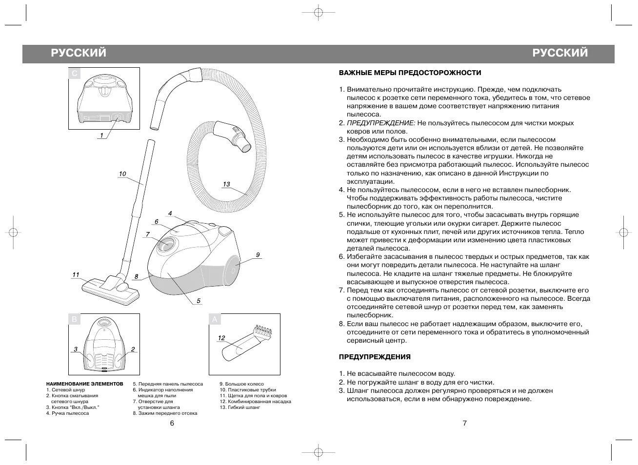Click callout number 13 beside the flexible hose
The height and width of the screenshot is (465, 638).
tap(226, 184)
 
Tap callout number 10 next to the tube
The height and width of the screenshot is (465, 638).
tap(122, 174)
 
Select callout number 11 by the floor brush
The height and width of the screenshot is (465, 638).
tap(76, 275)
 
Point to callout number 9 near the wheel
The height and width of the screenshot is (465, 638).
tap(258, 255)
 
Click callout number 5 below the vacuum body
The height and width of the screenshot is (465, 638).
tap(199, 301)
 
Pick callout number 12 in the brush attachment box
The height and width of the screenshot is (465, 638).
tap(221, 338)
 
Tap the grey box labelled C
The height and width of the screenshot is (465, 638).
tap(74, 74)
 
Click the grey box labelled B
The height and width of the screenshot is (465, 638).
tap(74, 320)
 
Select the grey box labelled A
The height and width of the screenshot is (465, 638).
tap(215, 320)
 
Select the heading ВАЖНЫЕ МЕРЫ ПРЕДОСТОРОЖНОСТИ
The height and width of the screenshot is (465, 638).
tap(410, 73)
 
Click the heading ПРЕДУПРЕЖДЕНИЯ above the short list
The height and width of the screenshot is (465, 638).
tap(375, 357)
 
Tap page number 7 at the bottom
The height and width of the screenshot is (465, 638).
tap(464, 423)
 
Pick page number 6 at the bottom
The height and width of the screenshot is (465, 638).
tap(172, 423)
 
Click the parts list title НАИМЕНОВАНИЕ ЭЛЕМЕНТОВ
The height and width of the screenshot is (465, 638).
tap(85, 384)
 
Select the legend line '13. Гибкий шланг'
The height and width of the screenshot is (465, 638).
tap(239, 407)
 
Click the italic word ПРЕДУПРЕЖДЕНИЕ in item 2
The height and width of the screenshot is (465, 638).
tap(381, 123)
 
